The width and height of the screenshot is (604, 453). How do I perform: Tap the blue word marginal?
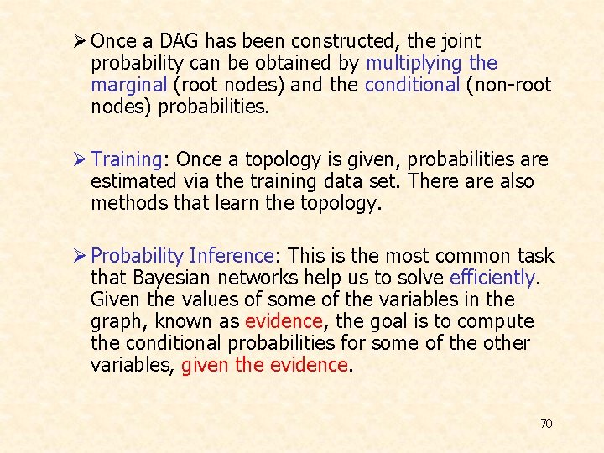point(128,85)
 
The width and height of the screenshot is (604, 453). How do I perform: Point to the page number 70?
point(546,424)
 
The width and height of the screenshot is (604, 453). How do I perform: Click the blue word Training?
point(125,159)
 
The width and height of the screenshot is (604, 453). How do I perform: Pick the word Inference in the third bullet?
point(232,256)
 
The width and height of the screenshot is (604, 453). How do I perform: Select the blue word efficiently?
point(492,278)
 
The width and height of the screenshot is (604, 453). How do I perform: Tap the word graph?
point(113,322)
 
